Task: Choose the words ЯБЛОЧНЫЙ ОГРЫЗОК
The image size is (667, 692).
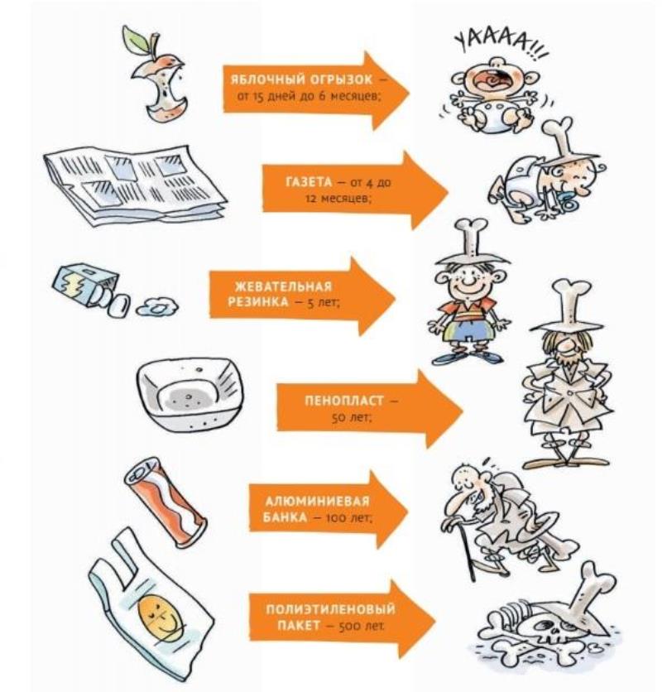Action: (x=302, y=80)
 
